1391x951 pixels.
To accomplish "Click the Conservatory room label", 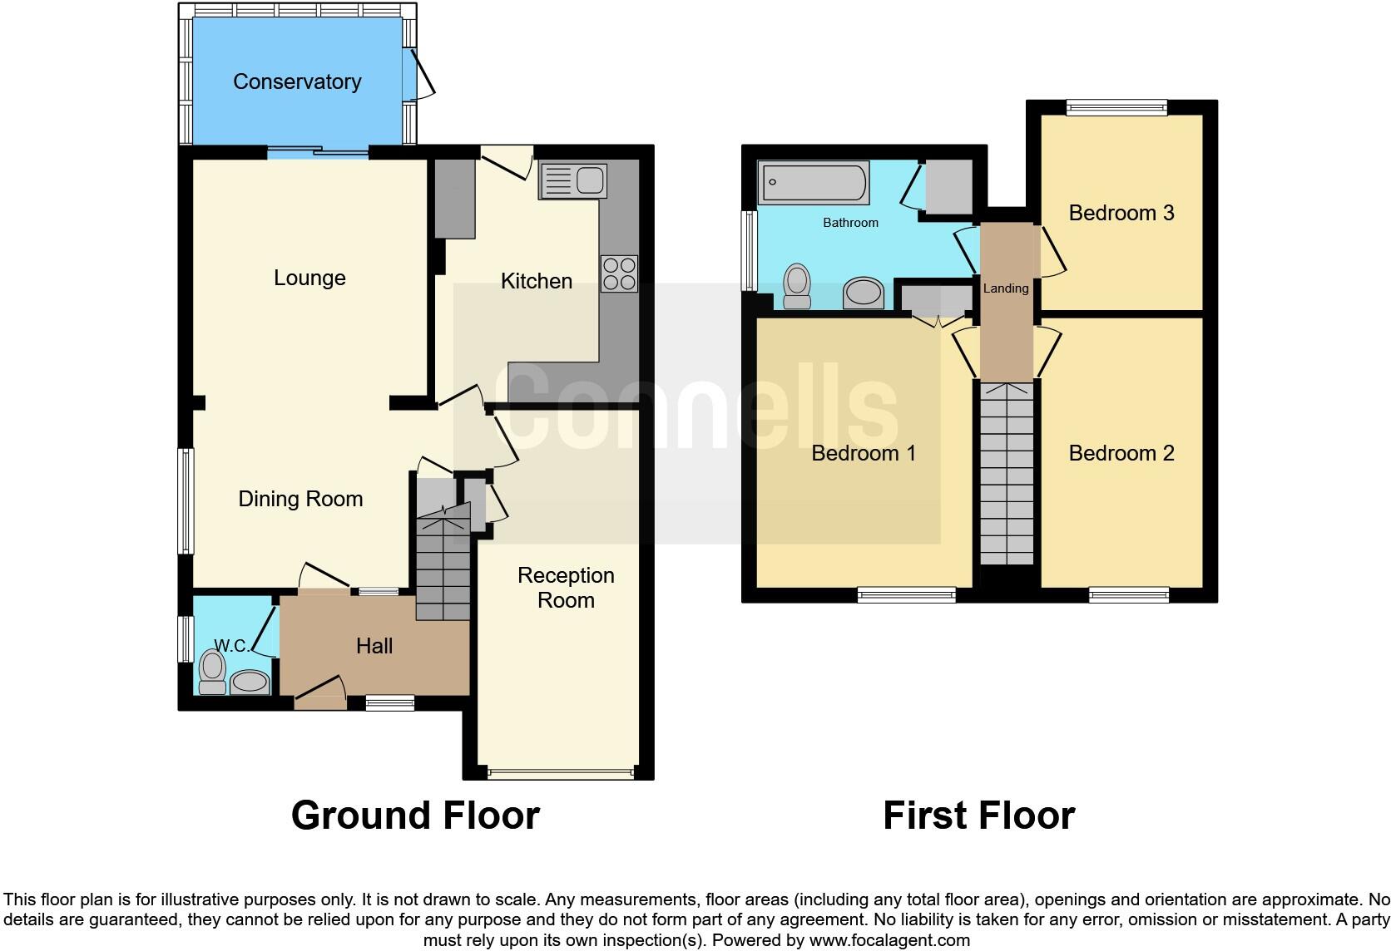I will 297,81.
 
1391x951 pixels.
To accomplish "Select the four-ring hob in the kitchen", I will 619,273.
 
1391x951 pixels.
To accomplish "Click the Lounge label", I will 309,278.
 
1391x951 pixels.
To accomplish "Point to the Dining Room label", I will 300,499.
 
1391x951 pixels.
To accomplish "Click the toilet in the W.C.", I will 213,670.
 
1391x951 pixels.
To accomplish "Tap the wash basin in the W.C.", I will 250,682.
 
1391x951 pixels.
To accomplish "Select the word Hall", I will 374,646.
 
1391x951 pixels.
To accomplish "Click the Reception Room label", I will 566,588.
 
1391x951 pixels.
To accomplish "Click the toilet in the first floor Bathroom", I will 797,286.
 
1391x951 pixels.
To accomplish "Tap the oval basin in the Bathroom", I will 864,293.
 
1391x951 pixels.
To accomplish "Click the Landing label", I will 1006,288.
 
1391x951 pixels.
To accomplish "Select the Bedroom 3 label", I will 1121,213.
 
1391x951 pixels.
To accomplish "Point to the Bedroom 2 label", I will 1121,453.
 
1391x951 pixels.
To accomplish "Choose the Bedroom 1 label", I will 864,453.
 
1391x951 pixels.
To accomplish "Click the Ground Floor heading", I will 415,815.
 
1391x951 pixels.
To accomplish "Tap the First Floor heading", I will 978,815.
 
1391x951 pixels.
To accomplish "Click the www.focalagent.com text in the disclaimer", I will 889,941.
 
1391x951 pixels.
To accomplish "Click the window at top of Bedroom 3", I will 1117,106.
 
